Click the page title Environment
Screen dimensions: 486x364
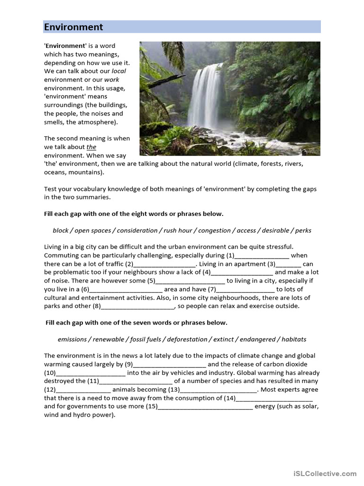click(x=73, y=27)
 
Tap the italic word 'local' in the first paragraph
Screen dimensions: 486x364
click(x=118, y=71)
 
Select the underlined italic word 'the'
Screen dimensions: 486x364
click(x=91, y=147)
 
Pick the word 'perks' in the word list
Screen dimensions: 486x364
click(x=303, y=231)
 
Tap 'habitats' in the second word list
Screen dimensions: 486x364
click(x=294, y=339)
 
